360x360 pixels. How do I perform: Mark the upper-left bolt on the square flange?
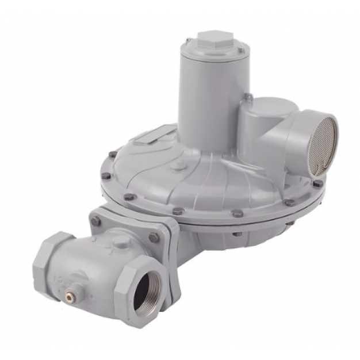click(95, 221)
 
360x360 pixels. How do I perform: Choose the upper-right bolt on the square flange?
click(154, 237)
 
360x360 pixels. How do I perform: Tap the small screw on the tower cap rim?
click(187, 41)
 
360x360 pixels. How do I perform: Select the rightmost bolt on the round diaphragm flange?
click(317, 184)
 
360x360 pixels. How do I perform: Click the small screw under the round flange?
click(236, 234)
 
